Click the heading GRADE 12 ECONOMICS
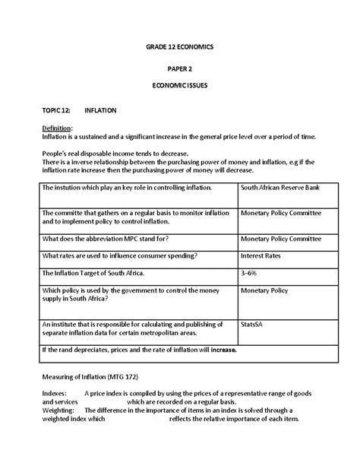(x=180, y=47)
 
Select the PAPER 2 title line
(x=180, y=67)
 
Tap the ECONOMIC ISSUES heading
(x=180, y=86)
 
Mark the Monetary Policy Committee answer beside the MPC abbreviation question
(x=280, y=238)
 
